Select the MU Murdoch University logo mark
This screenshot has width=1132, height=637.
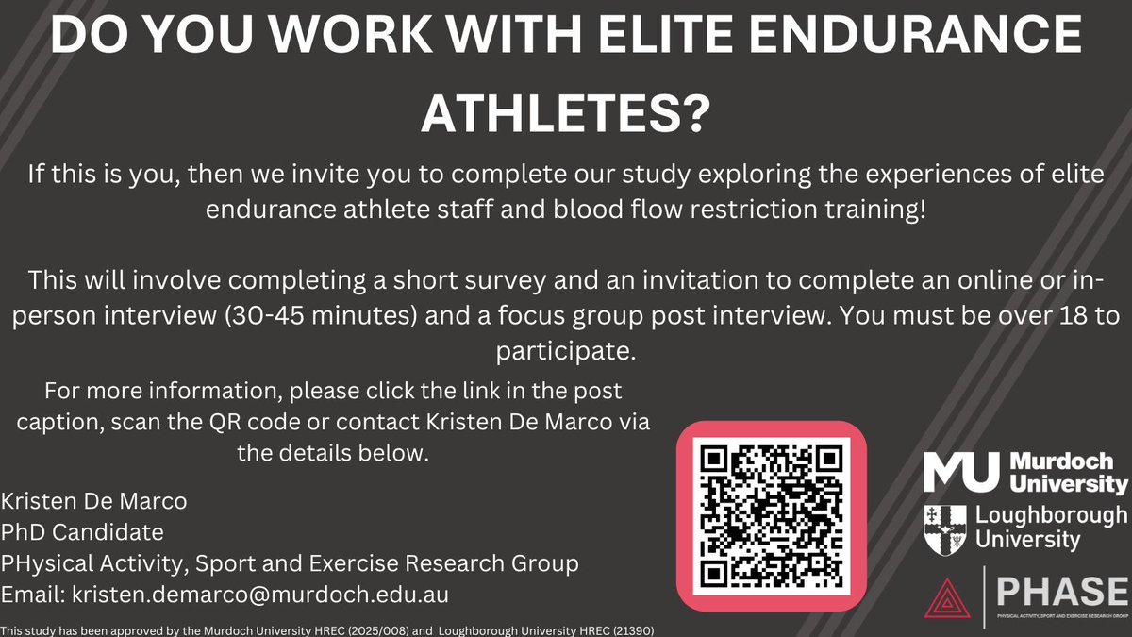[x=960, y=472]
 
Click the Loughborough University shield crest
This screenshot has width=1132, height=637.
[x=945, y=528]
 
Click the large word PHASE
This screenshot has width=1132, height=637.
[x=1057, y=592]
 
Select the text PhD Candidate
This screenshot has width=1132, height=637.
[x=83, y=531]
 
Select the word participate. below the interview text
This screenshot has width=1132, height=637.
[x=566, y=352]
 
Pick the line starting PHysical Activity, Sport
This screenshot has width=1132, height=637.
[x=291, y=563]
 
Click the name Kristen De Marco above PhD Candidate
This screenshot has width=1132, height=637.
[x=94, y=499]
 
